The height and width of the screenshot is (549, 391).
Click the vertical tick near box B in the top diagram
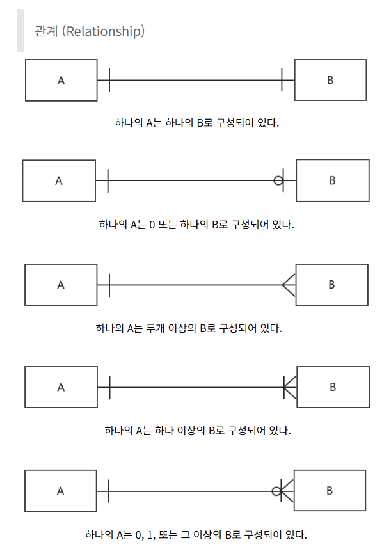click(x=282, y=80)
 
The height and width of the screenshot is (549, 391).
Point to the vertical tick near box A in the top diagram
click(x=109, y=80)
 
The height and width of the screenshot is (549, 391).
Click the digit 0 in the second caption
click(x=152, y=225)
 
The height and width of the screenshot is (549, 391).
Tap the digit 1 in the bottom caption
click(x=150, y=535)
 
